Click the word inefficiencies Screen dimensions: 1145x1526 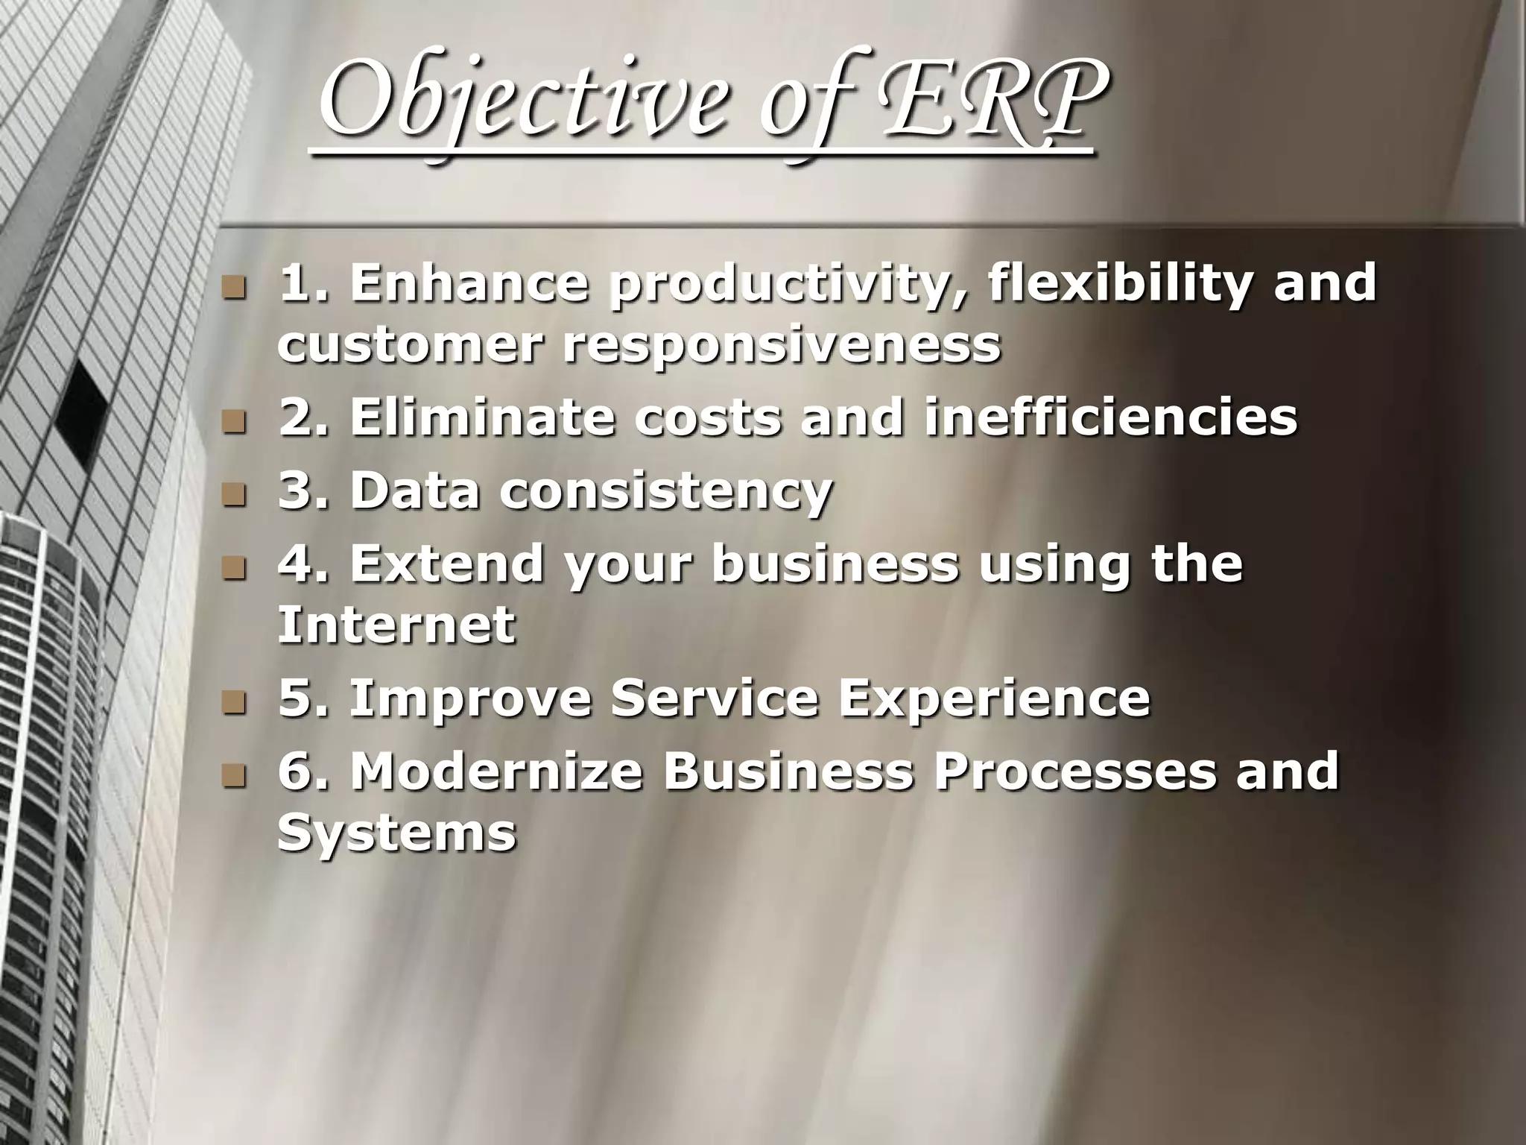1110,417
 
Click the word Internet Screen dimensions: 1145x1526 396,624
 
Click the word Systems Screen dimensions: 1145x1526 396,832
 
